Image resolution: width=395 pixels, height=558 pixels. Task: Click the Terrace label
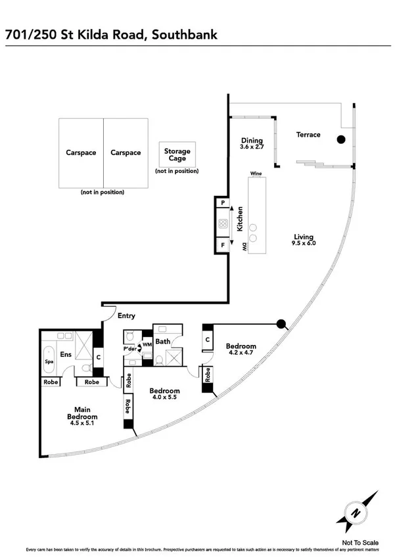pos(308,135)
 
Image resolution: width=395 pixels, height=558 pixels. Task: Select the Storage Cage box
pos(177,155)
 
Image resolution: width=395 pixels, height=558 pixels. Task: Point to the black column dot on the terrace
pos(341,139)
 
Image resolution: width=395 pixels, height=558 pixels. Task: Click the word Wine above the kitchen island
pos(256,174)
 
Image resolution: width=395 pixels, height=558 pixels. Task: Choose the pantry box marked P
pos(223,204)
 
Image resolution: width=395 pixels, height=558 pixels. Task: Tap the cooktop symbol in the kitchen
pos(223,224)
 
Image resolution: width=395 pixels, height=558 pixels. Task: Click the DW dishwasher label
pos(243,247)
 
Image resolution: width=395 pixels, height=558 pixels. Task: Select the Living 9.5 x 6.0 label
pos(304,240)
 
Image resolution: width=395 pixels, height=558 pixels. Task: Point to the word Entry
pos(126,316)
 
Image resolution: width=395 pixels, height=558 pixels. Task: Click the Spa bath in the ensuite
pos(49,361)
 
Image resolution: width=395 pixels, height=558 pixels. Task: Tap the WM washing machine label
pos(147,344)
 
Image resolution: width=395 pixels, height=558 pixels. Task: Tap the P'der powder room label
pos(131,348)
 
